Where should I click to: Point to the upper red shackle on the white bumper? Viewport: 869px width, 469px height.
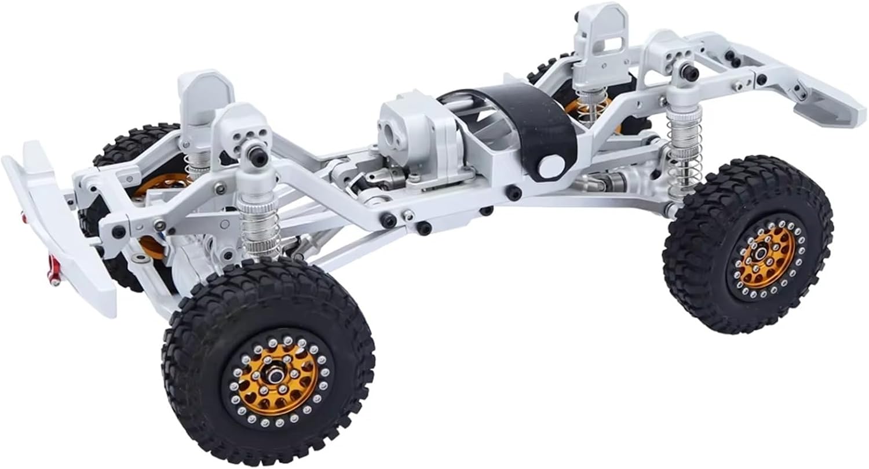click(x=24, y=219)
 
